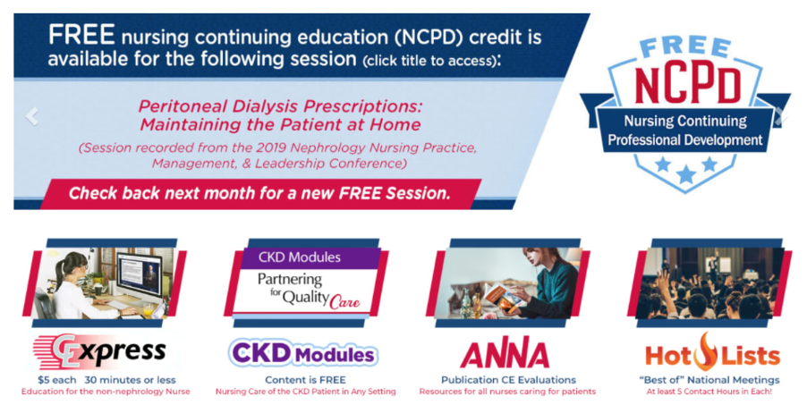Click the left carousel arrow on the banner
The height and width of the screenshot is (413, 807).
coord(32,116)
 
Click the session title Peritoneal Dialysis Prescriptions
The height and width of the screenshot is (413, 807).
coord(281,106)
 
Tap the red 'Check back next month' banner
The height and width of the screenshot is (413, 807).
coord(260,194)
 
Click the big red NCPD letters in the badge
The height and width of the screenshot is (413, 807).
coord(686,85)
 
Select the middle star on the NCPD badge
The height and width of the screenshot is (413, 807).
coord(685,174)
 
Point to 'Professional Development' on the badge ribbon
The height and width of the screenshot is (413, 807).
coord(685,139)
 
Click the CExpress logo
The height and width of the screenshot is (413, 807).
coord(100,352)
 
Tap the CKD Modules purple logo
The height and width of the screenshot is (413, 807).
coord(302,353)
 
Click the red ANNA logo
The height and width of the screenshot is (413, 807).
coord(505,355)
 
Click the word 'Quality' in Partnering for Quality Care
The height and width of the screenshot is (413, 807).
coord(306,297)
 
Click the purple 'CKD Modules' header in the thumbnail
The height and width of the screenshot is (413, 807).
coord(300,257)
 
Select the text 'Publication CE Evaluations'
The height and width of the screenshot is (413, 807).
coord(508,380)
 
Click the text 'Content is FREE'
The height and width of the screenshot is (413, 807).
coord(305,380)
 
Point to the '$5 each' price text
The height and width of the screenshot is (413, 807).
coord(56,381)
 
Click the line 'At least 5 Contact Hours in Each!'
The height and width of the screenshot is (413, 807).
coord(709,392)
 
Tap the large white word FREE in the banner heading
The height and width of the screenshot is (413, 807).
coord(81,35)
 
